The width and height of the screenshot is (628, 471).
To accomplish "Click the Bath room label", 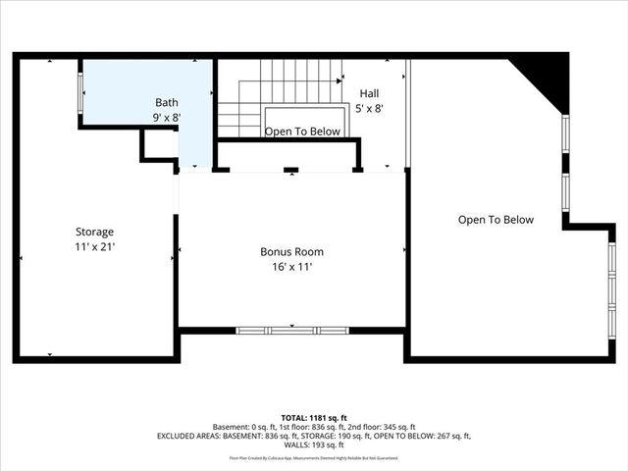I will click(167, 102).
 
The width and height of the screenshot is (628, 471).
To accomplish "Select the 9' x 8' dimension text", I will click(167, 117).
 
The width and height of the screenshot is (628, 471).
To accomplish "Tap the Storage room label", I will click(95, 232).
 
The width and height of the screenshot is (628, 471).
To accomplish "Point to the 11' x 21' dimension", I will click(95, 247).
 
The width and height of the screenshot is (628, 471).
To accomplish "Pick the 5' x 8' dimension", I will click(369, 108).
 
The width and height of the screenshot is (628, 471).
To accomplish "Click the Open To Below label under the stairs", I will click(302, 131).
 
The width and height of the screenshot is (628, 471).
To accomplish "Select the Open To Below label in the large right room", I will click(496, 220).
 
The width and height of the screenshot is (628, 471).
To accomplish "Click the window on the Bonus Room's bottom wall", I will click(291, 330).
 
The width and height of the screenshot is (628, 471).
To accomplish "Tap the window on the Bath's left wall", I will click(81, 93).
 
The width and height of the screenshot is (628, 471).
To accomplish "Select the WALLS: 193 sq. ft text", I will click(314, 446).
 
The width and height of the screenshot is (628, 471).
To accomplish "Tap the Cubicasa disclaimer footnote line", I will click(314, 457).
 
